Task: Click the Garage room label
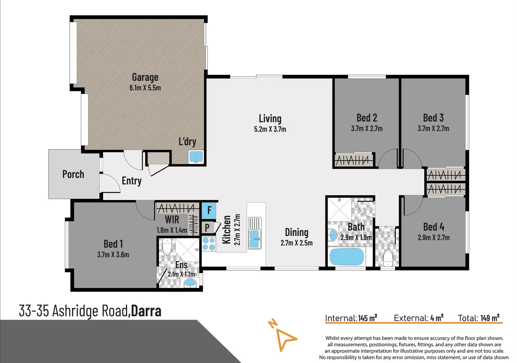[145, 77]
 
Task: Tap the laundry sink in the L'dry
[196, 157]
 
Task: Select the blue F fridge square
[209, 210]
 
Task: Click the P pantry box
[207, 228]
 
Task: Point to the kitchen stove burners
[209, 244]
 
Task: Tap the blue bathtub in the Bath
[347, 257]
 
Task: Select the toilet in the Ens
[167, 246]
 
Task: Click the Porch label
[73, 174]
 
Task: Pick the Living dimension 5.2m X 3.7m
[270, 129]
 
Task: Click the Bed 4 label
[433, 227]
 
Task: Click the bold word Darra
[146, 311]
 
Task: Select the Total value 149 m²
[490, 318]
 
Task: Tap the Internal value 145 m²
[368, 318]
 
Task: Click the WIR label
[172, 220]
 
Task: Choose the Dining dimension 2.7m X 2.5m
[296, 243]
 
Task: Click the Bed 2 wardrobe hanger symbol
[354, 160]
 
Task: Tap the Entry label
[132, 181]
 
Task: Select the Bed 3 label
[433, 118]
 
